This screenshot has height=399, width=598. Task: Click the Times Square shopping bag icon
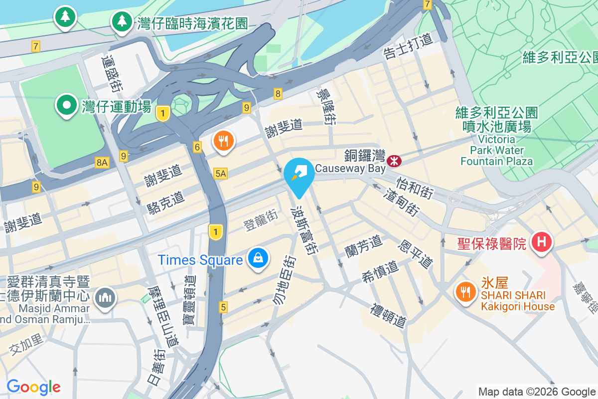tap(259, 258)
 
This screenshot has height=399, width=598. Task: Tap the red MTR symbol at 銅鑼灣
tap(394, 161)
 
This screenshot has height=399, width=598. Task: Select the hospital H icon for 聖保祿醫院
tap(542, 242)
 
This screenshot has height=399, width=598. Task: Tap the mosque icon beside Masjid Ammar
tap(105, 298)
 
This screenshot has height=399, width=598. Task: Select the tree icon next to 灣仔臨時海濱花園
tap(122, 21)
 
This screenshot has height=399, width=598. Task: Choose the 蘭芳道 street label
tap(363, 244)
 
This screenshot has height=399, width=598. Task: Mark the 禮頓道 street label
tap(388, 315)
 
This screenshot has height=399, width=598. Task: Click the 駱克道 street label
tap(166, 202)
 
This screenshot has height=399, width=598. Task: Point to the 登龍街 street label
tap(261, 219)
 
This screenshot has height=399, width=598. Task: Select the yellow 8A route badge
tap(102, 162)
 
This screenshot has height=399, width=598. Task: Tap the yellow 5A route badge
tap(220, 173)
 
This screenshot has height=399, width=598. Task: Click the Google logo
tap(33, 387)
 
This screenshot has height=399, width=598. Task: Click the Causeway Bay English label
tap(350, 169)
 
